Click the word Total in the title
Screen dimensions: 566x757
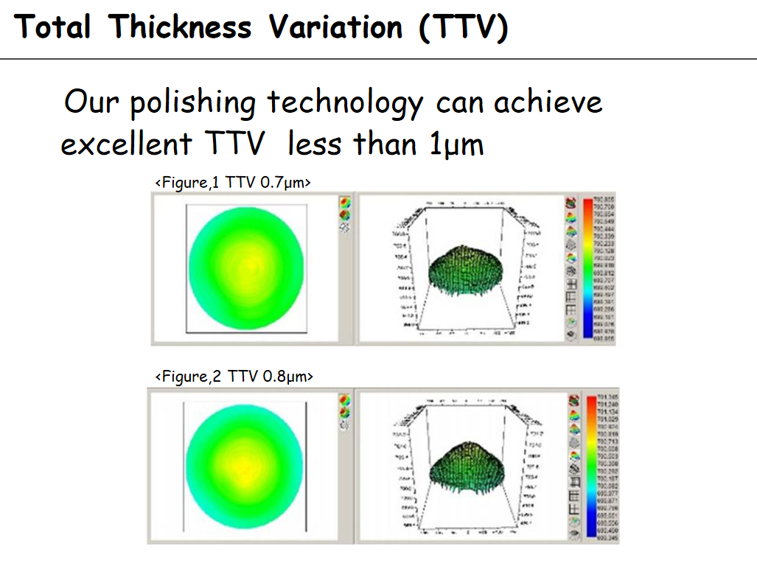pyautogui.click(x=52, y=27)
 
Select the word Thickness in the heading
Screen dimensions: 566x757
pyautogui.click(x=180, y=27)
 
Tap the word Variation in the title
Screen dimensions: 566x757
pyautogui.click(x=335, y=27)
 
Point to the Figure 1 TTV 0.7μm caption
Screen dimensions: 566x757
pyautogui.click(x=232, y=182)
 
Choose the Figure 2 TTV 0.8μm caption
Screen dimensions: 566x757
pyautogui.click(x=234, y=377)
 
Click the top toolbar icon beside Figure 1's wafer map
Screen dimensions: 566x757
pyautogui.click(x=344, y=202)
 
